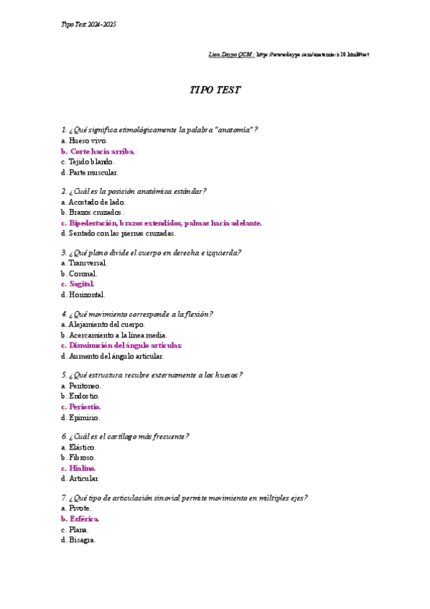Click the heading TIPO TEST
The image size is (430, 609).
click(215, 90)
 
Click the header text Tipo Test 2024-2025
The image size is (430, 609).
click(89, 24)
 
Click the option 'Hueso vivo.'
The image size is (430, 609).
click(88, 141)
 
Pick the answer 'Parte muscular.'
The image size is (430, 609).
click(93, 172)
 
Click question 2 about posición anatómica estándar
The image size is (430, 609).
click(135, 191)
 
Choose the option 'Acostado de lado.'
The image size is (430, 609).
click(97, 202)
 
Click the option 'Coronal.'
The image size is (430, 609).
click(83, 274)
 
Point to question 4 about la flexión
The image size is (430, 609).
click(138, 314)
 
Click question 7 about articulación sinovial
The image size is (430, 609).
click(185, 498)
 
